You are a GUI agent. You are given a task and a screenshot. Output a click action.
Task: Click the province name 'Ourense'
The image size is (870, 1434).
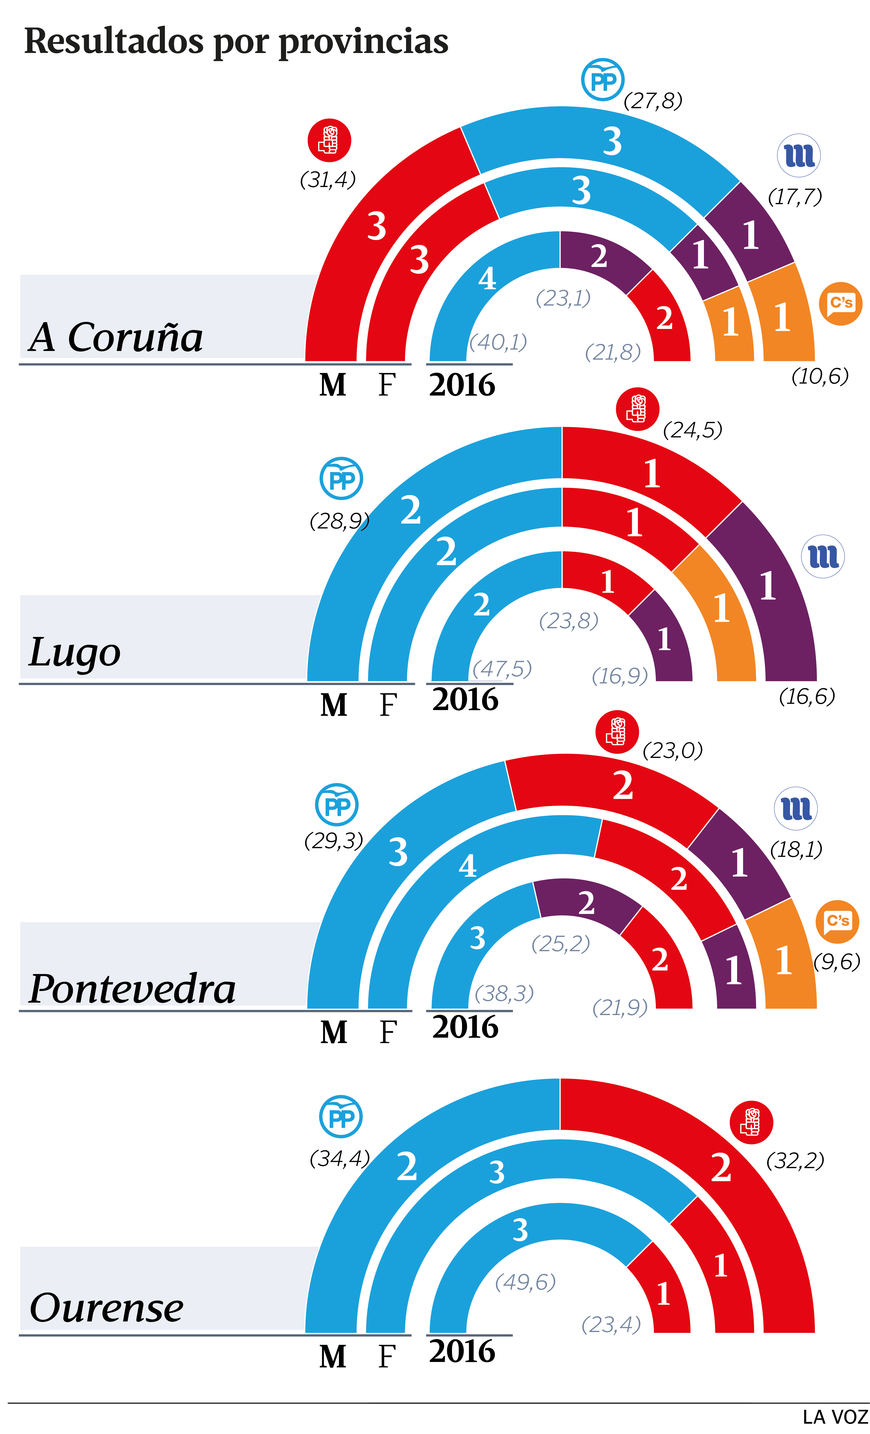click(x=107, y=1308)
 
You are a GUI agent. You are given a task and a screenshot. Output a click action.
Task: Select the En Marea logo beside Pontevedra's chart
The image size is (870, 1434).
click(x=796, y=808)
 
